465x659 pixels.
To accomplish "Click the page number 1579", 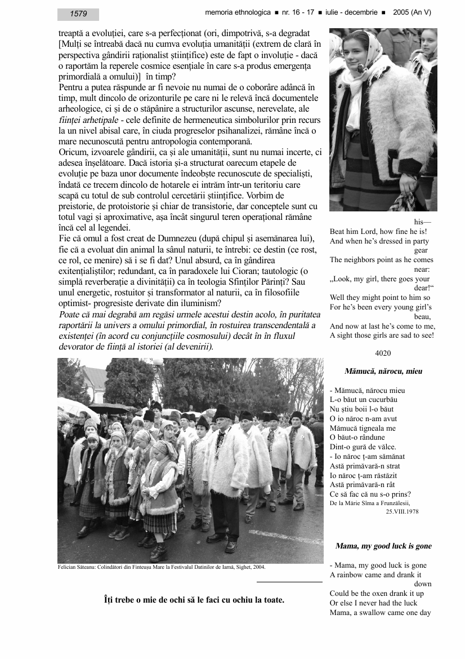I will (x=78, y=14).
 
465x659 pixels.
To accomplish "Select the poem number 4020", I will (x=382, y=353).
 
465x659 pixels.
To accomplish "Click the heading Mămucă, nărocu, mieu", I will (x=383, y=371).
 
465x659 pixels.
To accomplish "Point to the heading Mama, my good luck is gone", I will (x=383, y=546).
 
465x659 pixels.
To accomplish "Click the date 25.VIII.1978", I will (x=402, y=511).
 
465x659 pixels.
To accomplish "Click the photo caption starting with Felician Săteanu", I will (x=162, y=567).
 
